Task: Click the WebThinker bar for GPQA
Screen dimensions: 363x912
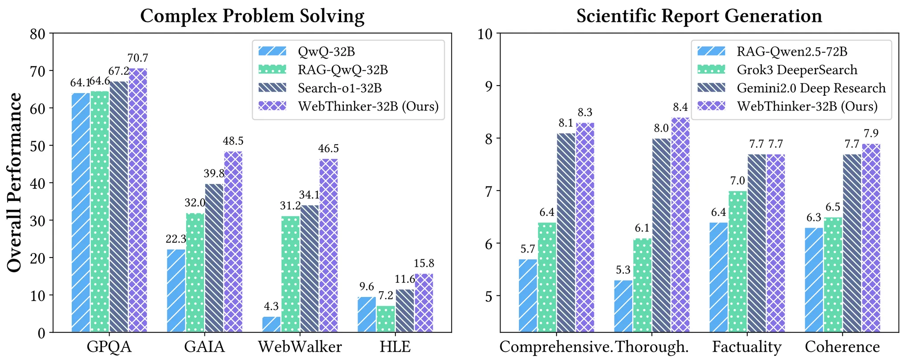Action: pos(138,200)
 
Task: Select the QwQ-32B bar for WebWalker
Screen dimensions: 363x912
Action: pos(272,325)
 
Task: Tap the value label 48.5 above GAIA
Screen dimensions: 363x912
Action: pos(233,141)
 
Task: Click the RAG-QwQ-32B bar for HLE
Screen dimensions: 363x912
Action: pos(386,319)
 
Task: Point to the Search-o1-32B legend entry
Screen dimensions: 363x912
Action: pos(339,88)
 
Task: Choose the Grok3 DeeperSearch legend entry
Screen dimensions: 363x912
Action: pos(796,70)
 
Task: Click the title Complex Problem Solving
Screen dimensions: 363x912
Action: pos(252,16)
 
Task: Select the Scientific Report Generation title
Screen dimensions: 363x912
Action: pos(699,16)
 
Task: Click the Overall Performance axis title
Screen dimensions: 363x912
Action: pos(15,182)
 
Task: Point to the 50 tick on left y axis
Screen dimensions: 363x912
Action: pos(39,146)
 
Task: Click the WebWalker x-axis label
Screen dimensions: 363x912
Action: pos(300,347)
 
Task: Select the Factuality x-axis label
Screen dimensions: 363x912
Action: pos(747,347)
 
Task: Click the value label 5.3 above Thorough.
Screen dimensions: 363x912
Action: pos(623,270)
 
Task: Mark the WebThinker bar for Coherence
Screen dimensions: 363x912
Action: pos(871,238)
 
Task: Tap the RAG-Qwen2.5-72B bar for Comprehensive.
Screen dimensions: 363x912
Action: pos(528,296)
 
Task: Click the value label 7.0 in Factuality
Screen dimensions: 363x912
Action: pos(737,181)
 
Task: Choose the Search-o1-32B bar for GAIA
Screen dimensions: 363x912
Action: pos(214,258)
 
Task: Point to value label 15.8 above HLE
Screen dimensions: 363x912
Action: pos(424,264)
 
